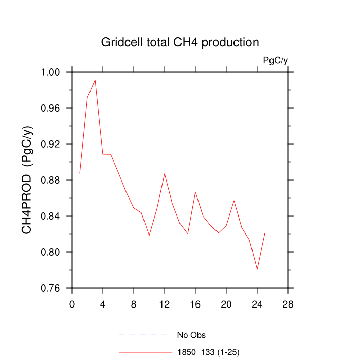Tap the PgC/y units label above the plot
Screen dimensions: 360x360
pyautogui.click(x=275, y=61)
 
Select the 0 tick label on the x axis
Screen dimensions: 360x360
pyautogui.click(x=72, y=304)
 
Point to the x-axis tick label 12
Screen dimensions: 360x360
pyautogui.click(x=165, y=304)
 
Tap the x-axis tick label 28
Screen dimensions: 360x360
pyautogui.click(x=288, y=304)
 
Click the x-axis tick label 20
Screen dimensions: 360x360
pyautogui.click(x=226, y=304)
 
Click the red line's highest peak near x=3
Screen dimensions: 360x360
pyautogui.click(x=95, y=80)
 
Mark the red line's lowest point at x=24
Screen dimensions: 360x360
pyautogui.click(x=257, y=269)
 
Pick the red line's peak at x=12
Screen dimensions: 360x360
pyautogui.click(x=165, y=173)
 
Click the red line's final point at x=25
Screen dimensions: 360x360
pyautogui.click(x=265, y=233)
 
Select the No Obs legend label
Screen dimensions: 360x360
pyautogui.click(x=191, y=335)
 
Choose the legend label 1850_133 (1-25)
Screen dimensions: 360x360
pyautogui.click(x=208, y=352)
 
